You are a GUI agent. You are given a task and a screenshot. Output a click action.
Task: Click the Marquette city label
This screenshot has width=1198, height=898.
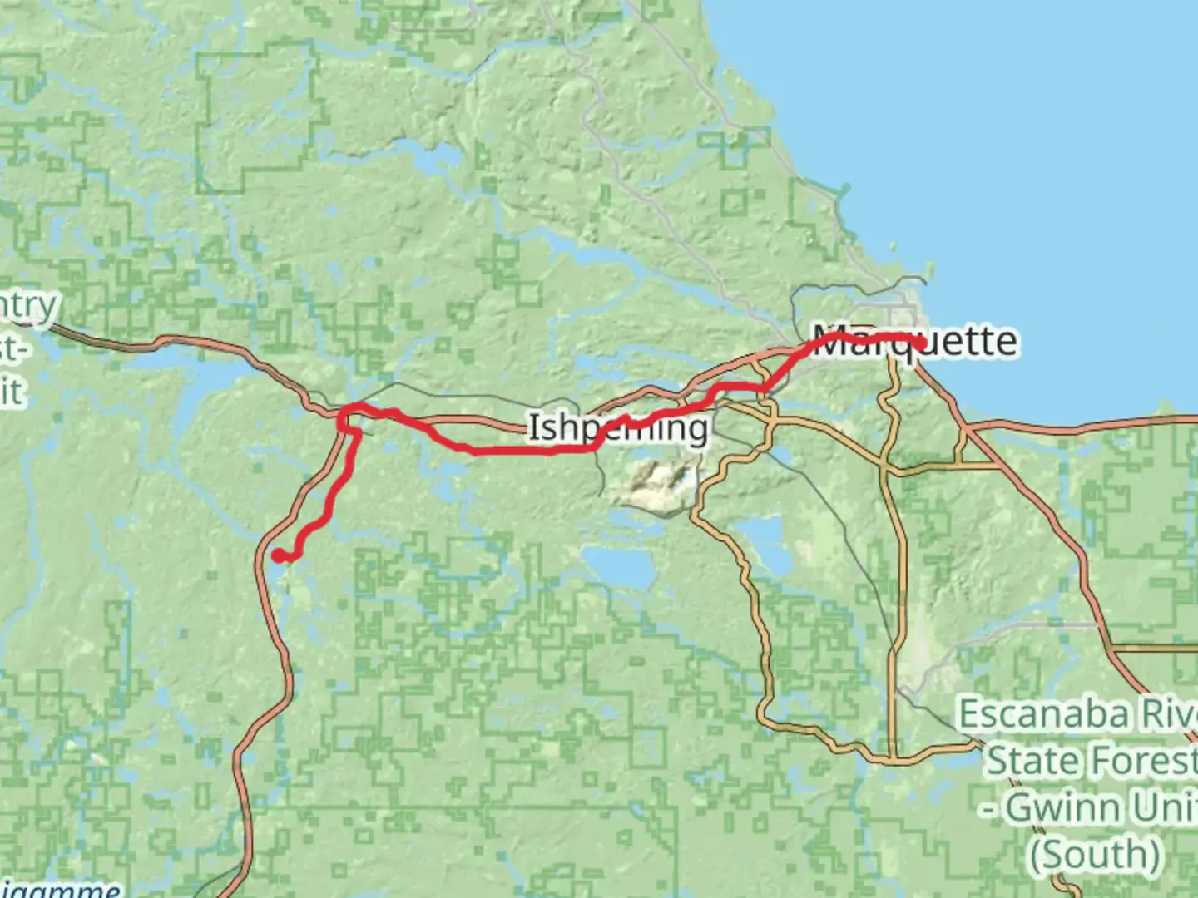point(915,342)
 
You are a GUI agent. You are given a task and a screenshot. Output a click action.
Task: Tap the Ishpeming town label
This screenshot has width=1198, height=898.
point(618,428)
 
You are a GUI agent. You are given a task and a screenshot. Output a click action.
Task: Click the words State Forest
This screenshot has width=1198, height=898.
point(1091,761)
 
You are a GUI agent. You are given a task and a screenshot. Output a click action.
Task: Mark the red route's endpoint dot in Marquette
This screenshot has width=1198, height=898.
point(920,343)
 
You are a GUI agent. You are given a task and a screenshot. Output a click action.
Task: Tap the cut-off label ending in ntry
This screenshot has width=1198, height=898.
point(29,306)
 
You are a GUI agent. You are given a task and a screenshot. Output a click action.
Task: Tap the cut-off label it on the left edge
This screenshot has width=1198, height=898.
point(12,391)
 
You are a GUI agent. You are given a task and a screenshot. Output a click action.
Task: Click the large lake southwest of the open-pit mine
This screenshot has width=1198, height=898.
point(620,565)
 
